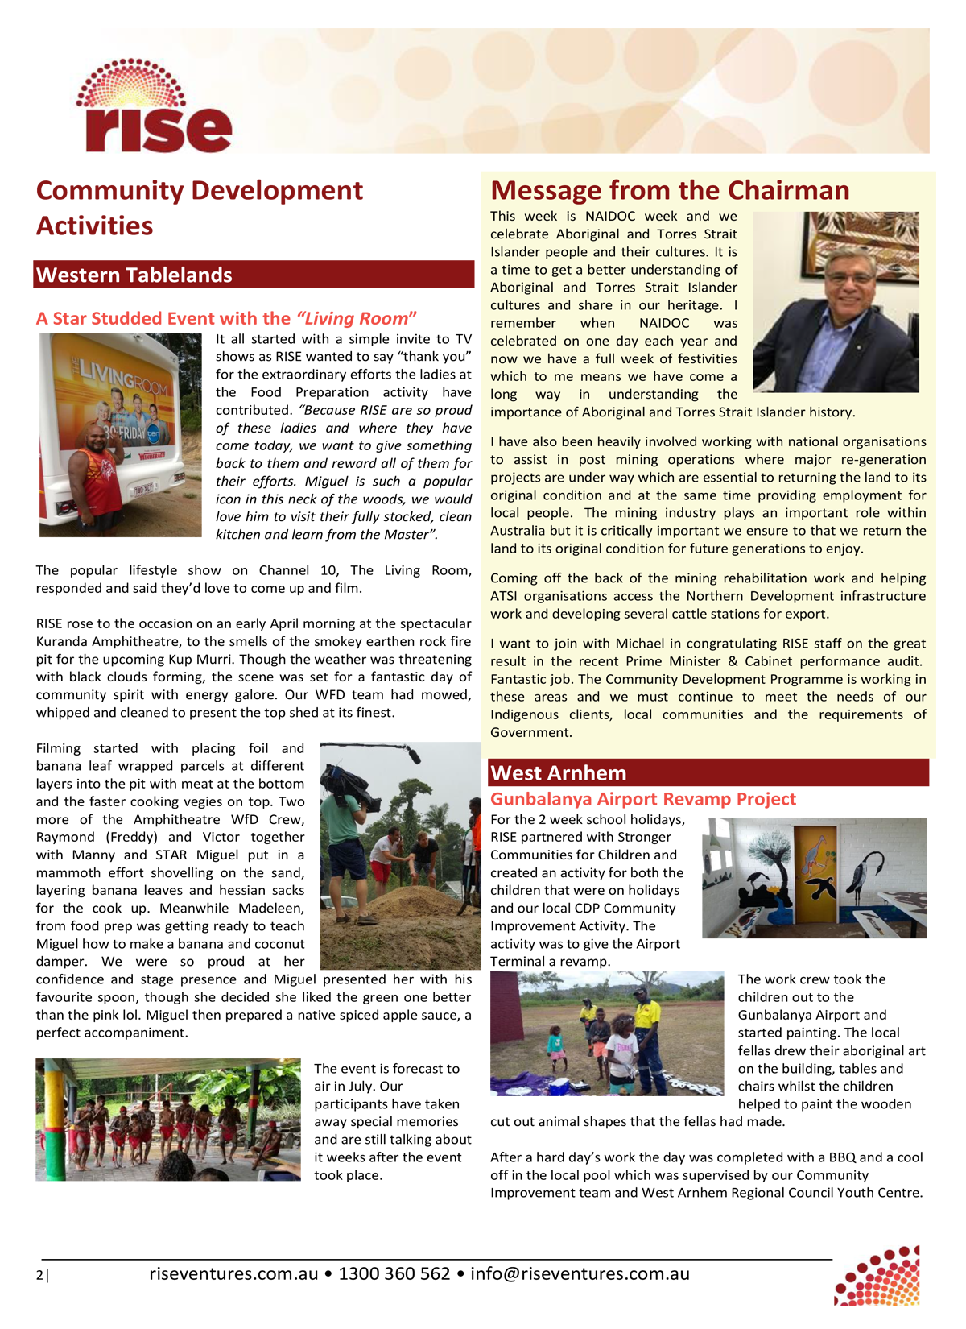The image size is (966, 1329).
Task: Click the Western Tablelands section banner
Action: [254, 275]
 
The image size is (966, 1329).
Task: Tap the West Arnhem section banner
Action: [708, 773]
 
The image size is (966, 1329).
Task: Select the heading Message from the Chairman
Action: [670, 190]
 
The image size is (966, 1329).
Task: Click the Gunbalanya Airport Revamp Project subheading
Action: [642, 799]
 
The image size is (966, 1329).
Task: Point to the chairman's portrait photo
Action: [836, 302]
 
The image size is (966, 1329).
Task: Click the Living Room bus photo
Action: [120, 435]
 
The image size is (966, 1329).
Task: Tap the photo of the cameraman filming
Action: [399, 855]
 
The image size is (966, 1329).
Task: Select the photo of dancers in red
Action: [167, 1120]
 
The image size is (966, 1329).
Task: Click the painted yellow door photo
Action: [814, 878]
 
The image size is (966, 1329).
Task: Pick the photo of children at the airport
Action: [607, 1033]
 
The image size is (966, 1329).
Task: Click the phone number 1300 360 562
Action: [394, 1274]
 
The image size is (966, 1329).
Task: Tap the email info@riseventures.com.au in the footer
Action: [580, 1274]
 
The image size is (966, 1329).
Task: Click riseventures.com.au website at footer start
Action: [233, 1274]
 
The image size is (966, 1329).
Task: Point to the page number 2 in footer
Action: [39, 1275]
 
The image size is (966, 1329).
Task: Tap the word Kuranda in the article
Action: [60, 642]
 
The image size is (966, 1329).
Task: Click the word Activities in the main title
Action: [94, 226]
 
